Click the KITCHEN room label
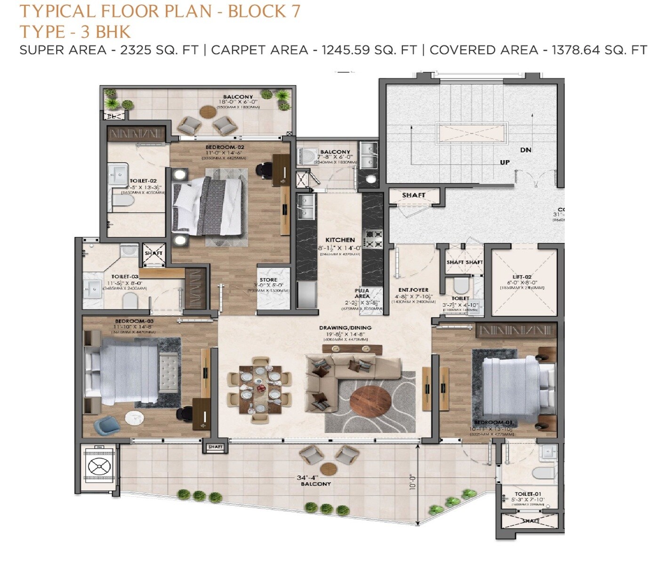pos(340,240)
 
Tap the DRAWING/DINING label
pos(345,328)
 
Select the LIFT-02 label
pos(522,277)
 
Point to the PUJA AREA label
pos(362,293)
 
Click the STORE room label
pos(268,280)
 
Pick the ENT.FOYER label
pos(413,290)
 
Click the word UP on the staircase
pos(505,162)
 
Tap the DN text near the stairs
pos(526,150)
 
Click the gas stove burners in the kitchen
pos(374,238)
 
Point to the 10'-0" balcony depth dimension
pos(413,482)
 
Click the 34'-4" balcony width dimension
pos(307,477)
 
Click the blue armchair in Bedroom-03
pos(104,426)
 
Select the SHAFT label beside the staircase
pos(413,195)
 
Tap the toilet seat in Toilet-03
pos(130,299)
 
